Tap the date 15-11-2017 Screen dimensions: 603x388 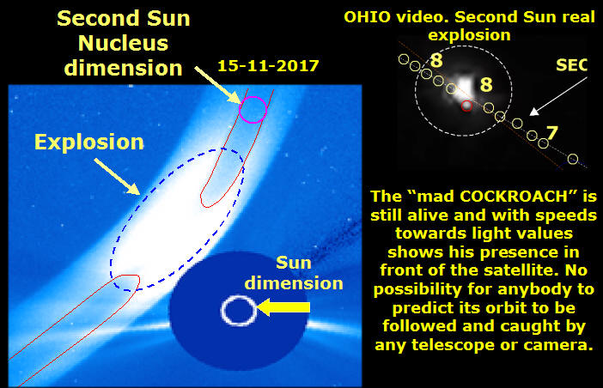click(x=268, y=66)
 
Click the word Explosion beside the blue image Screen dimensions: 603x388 click(x=88, y=142)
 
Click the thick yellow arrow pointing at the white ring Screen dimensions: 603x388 click(x=283, y=307)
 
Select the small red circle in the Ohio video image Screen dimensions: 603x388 click(x=466, y=106)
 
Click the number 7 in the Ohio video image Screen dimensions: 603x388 click(x=552, y=133)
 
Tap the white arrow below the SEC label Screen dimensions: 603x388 click(x=559, y=96)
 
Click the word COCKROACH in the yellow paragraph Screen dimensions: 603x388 click(x=514, y=197)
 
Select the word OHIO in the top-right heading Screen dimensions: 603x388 click(x=368, y=17)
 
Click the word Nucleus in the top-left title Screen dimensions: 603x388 click(x=123, y=43)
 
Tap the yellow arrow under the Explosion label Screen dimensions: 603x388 click(x=117, y=177)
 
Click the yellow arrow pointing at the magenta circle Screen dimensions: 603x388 click(x=218, y=85)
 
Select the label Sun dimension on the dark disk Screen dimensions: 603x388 click(x=294, y=273)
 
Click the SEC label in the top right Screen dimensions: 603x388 click(x=571, y=65)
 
